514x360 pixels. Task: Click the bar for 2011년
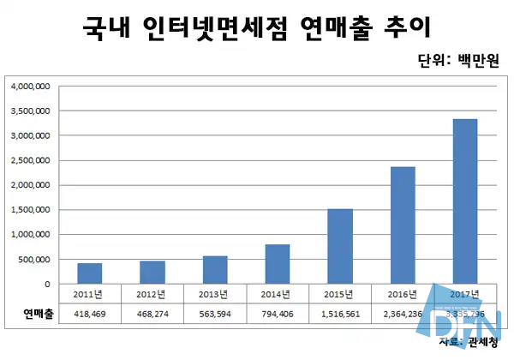coord(90,273)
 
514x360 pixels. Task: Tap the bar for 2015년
coord(340,247)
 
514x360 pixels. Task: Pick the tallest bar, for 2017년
coord(465,201)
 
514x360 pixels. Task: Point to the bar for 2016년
coord(403,225)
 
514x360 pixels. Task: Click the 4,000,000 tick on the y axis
coord(31,87)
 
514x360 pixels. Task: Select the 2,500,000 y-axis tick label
coord(31,160)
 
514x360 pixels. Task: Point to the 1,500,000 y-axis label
coord(31,210)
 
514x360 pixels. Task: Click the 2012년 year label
coord(152,295)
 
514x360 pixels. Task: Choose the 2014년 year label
coord(278,295)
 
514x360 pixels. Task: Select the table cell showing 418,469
coord(90,315)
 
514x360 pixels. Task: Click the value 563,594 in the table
coord(215,315)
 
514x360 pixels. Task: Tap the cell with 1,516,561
coord(340,315)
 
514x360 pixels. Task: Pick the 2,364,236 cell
coord(403,315)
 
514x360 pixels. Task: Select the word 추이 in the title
coord(405,27)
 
